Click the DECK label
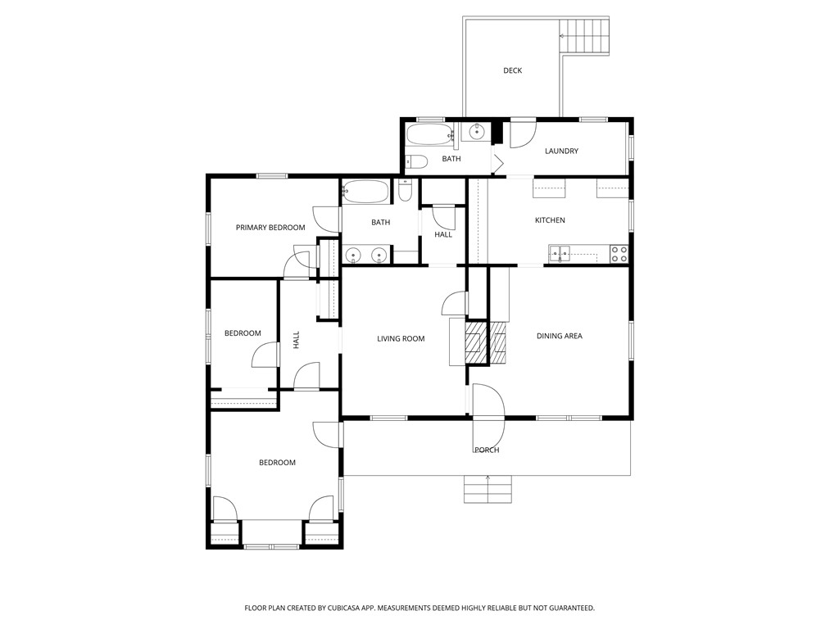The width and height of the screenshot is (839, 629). click(x=512, y=70)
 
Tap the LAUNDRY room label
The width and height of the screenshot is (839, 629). click(x=561, y=152)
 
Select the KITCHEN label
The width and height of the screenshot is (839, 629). click(x=550, y=220)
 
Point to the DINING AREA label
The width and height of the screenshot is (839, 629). click(x=559, y=336)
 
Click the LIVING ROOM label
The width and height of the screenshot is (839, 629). click(x=401, y=338)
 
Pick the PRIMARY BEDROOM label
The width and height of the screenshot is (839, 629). click(x=270, y=228)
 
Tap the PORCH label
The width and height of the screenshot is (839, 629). click(x=487, y=450)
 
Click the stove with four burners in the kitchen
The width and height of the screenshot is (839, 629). click(x=619, y=254)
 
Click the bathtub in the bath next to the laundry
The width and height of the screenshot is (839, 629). click(x=429, y=135)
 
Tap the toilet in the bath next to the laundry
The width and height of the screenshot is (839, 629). click(x=415, y=161)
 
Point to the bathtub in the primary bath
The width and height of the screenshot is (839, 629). click(x=365, y=192)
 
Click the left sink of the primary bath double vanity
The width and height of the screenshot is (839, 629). click(x=353, y=256)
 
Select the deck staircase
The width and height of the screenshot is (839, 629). click(x=584, y=36)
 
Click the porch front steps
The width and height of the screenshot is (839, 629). click(x=488, y=490)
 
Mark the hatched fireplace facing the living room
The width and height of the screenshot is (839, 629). click(x=475, y=342)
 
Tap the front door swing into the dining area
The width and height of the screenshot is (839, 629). click(x=488, y=400)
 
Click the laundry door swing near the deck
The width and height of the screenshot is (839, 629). click(x=523, y=134)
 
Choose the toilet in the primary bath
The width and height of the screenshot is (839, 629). click(x=405, y=191)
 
